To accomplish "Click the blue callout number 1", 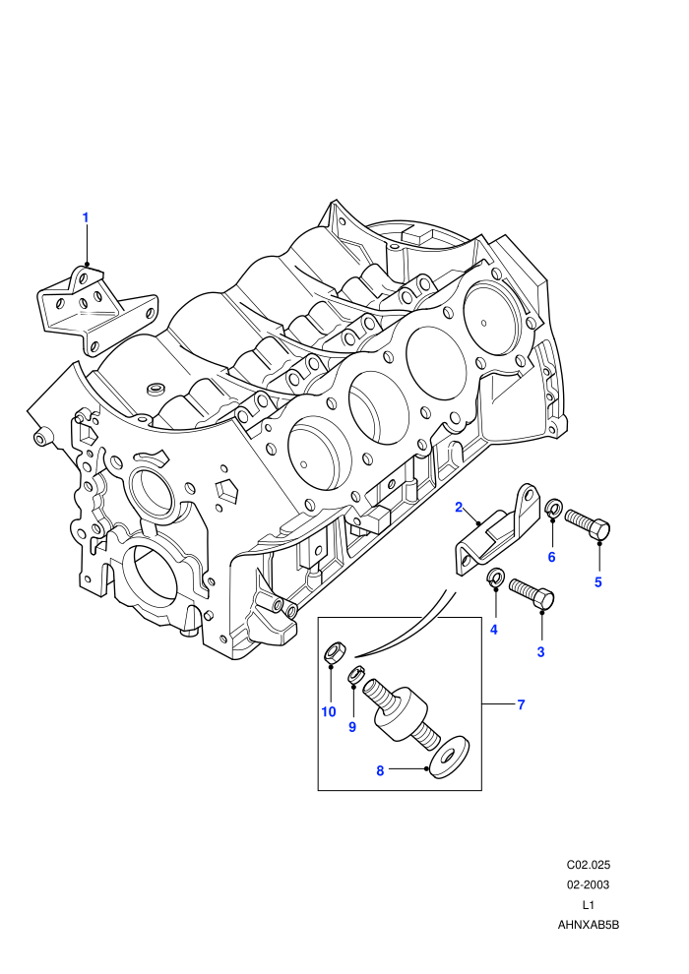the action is coord(86,218).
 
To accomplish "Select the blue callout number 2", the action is coord(459,508).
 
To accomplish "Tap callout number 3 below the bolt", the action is coord(540,651).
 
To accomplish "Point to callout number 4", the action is coord(494,630).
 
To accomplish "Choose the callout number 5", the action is coord(598,582).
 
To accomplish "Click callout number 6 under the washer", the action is coord(552,557).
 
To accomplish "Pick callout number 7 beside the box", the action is coord(521,704).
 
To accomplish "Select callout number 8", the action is coord(380,771).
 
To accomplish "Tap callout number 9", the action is coord(352,727).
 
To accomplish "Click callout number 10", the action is coord(329,712).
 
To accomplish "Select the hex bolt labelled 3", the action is coord(532,593).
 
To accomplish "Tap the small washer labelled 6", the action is coord(552,508).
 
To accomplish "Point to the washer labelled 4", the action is coord(494,577).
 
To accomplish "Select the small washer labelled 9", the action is coord(355,675).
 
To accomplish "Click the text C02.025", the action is coord(589,865).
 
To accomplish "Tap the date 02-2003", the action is coord(589,884).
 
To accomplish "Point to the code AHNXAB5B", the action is coord(589,925).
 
